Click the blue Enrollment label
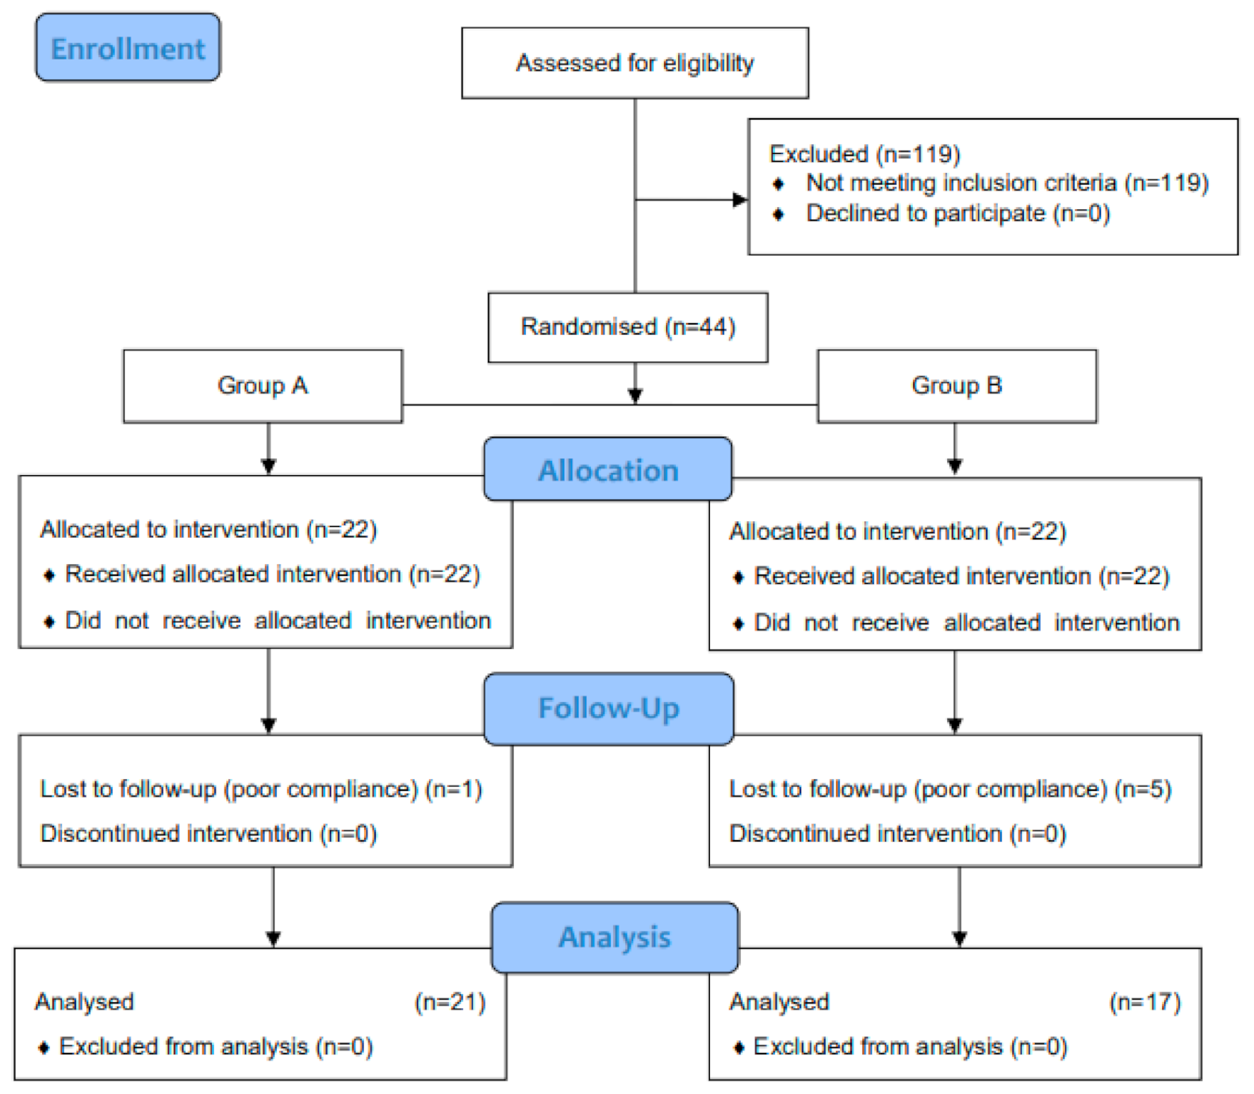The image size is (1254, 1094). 128,48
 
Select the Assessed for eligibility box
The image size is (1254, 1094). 635,63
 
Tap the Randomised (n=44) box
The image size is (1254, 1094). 627,327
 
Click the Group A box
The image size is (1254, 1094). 263,386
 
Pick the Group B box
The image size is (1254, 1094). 957,386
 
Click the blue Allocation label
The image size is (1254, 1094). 608,470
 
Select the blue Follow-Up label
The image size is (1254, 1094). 608,708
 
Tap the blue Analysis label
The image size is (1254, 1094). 615,937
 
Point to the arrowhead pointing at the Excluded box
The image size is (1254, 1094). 739,199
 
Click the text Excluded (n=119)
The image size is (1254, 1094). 865,154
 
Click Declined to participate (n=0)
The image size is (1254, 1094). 957,213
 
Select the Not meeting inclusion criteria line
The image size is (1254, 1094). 1007,183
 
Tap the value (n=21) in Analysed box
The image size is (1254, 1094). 450,1002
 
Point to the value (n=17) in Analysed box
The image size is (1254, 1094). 1145,1002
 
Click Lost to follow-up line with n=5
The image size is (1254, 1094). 950,789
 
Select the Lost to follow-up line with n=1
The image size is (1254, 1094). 261,789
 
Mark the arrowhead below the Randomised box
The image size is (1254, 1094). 635,395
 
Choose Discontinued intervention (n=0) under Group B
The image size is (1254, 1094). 897,834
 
